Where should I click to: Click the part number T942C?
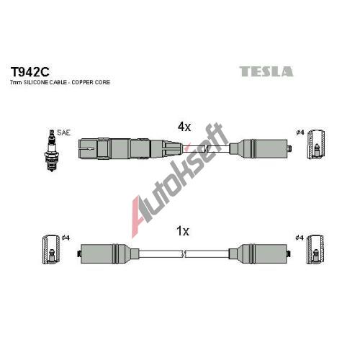click(x=30, y=71)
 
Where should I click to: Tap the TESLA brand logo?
click(x=266, y=71)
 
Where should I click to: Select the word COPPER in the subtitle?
click(x=82, y=82)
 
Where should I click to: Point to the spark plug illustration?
click(x=51, y=150)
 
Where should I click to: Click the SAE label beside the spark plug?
click(x=64, y=132)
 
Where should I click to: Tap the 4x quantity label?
click(x=184, y=127)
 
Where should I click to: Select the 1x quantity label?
click(x=183, y=231)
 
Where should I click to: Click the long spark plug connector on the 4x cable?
click(x=130, y=149)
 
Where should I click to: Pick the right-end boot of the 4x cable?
click(x=260, y=148)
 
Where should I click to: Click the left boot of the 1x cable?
click(x=108, y=253)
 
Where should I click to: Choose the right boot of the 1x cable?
click(x=260, y=253)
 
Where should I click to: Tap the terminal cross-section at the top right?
click(x=316, y=145)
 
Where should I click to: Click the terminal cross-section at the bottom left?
click(x=51, y=250)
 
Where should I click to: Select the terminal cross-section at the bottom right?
click(x=316, y=250)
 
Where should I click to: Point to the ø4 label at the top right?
click(x=300, y=132)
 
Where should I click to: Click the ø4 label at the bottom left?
click(x=66, y=238)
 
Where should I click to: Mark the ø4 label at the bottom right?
click(x=300, y=238)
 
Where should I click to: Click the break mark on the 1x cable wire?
click(x=184, y=254)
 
